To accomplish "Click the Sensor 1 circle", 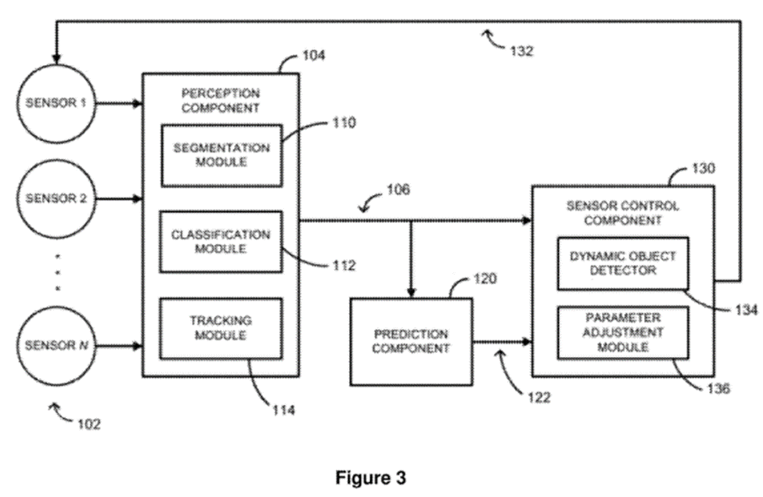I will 57,103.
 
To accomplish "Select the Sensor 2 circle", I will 57,198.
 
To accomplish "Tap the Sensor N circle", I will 57,345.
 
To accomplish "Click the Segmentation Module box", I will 220,154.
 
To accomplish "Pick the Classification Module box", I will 220,241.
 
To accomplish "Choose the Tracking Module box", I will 220,328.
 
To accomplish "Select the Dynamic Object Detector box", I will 623,263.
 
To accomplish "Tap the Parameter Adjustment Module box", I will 623,333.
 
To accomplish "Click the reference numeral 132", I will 521,52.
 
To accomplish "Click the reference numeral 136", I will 717,388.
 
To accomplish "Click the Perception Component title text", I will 220,100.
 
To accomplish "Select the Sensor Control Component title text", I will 623,213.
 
